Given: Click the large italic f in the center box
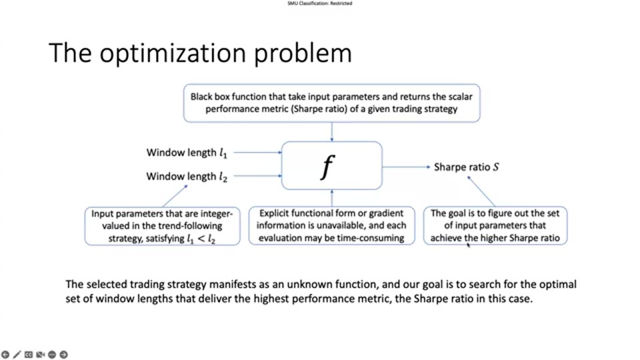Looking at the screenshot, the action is pos(328,167).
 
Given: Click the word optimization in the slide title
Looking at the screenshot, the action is pos(173,53).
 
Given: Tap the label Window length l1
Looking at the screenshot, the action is pos(187,153).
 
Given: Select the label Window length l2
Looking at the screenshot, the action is pos(187,176).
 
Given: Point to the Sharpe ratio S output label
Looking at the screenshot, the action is pos(466,167).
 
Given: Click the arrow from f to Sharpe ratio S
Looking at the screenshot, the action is pos(406,167).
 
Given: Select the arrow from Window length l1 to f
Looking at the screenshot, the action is pos(257,152).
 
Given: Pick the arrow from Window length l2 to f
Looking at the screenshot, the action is pos(257,176).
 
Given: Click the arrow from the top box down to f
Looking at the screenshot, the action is pos(332,132).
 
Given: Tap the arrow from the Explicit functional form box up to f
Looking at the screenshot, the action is pos(332,198).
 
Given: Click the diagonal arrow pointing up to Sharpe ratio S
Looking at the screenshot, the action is pos(481,191).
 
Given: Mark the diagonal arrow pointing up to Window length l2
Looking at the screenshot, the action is pos(175,196).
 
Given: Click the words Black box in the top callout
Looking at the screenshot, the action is pos(210,97).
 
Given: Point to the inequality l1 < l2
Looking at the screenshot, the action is pos(201,239).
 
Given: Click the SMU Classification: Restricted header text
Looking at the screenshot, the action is pos(319,3).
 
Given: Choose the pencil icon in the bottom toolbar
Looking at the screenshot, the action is pos(17,355).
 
